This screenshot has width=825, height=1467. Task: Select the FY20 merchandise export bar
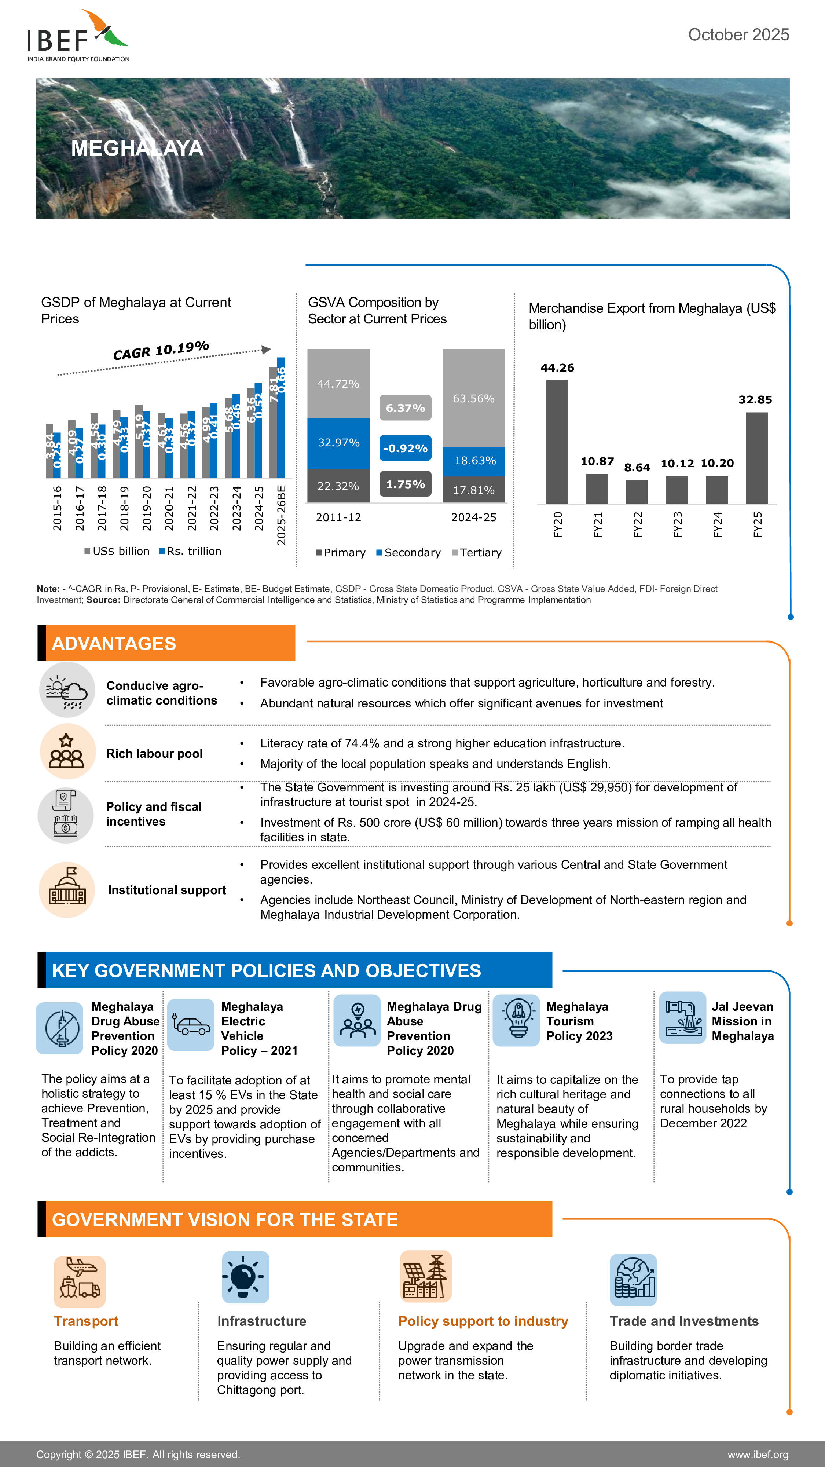coord(557,442)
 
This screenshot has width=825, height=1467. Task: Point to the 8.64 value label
coord(637,468)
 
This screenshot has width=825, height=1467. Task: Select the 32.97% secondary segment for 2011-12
coord(338,443)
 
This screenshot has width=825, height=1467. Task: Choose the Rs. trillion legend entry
coord(190,551)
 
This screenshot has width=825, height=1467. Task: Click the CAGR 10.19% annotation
coord(161,350)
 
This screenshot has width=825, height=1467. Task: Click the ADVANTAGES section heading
coord(114,644)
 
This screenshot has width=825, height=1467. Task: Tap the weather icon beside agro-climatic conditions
coord(67,689)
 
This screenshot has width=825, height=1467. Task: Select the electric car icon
coord(191,1025)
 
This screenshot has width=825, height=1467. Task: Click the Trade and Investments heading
coord(684,1321)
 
